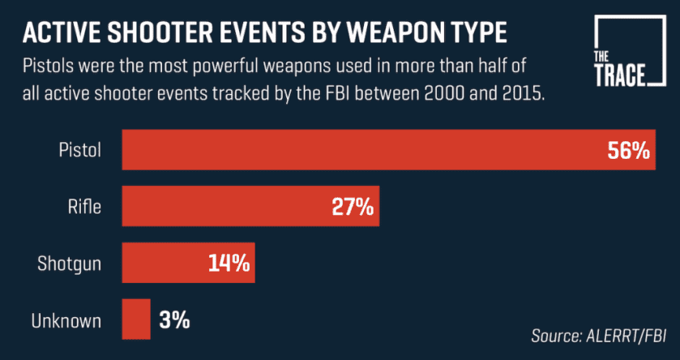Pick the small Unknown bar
point(136,319)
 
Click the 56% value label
point(628,150)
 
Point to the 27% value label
point(353,207)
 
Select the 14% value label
point(228,264)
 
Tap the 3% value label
point(174,319)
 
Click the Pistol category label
point(79,150)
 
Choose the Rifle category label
point(83,207)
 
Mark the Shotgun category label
point(70,264)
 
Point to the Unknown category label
point(66,319)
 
